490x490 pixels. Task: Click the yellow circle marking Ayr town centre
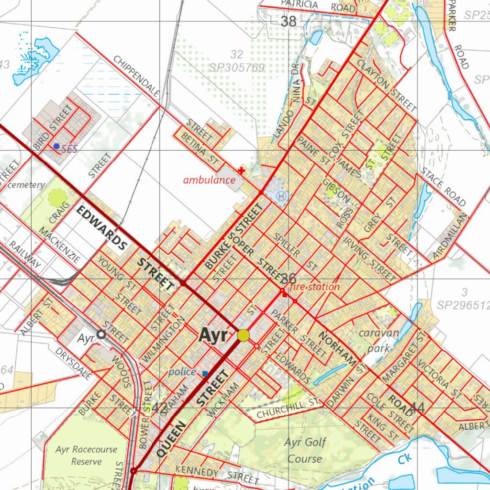[244, 335]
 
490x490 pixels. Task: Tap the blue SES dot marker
[56, 146]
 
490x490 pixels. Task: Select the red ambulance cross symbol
[242, 170]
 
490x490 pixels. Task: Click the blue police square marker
[205, 373]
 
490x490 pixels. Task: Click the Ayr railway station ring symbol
[101, 334]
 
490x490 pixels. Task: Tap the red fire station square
[285, 295]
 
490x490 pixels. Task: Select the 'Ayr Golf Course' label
[305, 450]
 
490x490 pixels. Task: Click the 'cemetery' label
[26, 185]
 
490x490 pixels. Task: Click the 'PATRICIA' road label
[300, 4]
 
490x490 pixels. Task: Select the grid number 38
[289, 21]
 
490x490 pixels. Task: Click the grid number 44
[417, 408]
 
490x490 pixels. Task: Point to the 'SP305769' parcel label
[236, 68]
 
